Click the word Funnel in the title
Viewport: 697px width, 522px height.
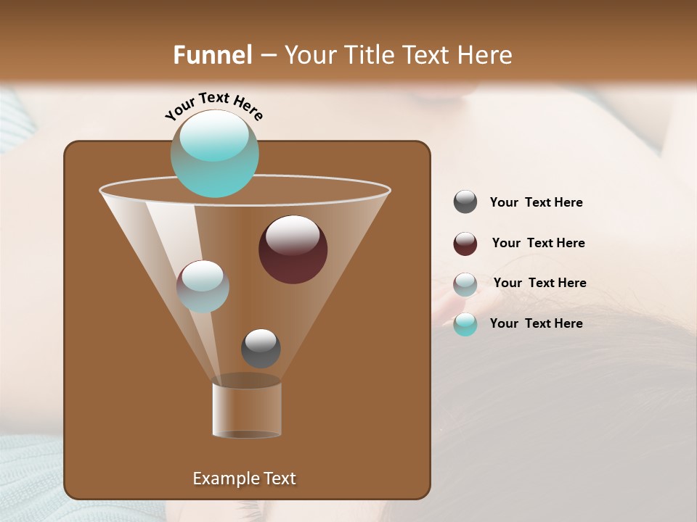point(213,55)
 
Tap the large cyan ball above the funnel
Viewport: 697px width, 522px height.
point(215,153)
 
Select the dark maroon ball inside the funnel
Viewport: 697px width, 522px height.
point(293,249)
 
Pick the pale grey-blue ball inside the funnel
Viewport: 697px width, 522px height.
point(203,286)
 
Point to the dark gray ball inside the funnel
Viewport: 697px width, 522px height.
point(261,349)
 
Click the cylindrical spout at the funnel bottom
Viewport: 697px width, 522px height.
point(247,410)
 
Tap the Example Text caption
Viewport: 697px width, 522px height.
point(244,478)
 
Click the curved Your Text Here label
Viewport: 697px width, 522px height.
point(213,106)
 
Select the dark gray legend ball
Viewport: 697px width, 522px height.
point(465,202)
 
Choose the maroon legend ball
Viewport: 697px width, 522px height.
point(465,244)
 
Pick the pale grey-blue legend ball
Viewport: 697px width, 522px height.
point(465,284)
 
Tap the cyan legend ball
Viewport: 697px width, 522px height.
point(465,324)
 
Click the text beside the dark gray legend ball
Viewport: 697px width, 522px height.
point(536,203)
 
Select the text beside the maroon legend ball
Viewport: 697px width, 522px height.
point(538,243)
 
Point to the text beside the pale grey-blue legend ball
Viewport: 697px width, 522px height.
point(539,283)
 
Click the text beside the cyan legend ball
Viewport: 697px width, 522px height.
point(536,323)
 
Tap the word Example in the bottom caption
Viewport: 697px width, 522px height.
point(221,478)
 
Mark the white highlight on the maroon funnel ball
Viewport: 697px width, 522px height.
point(293,236)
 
